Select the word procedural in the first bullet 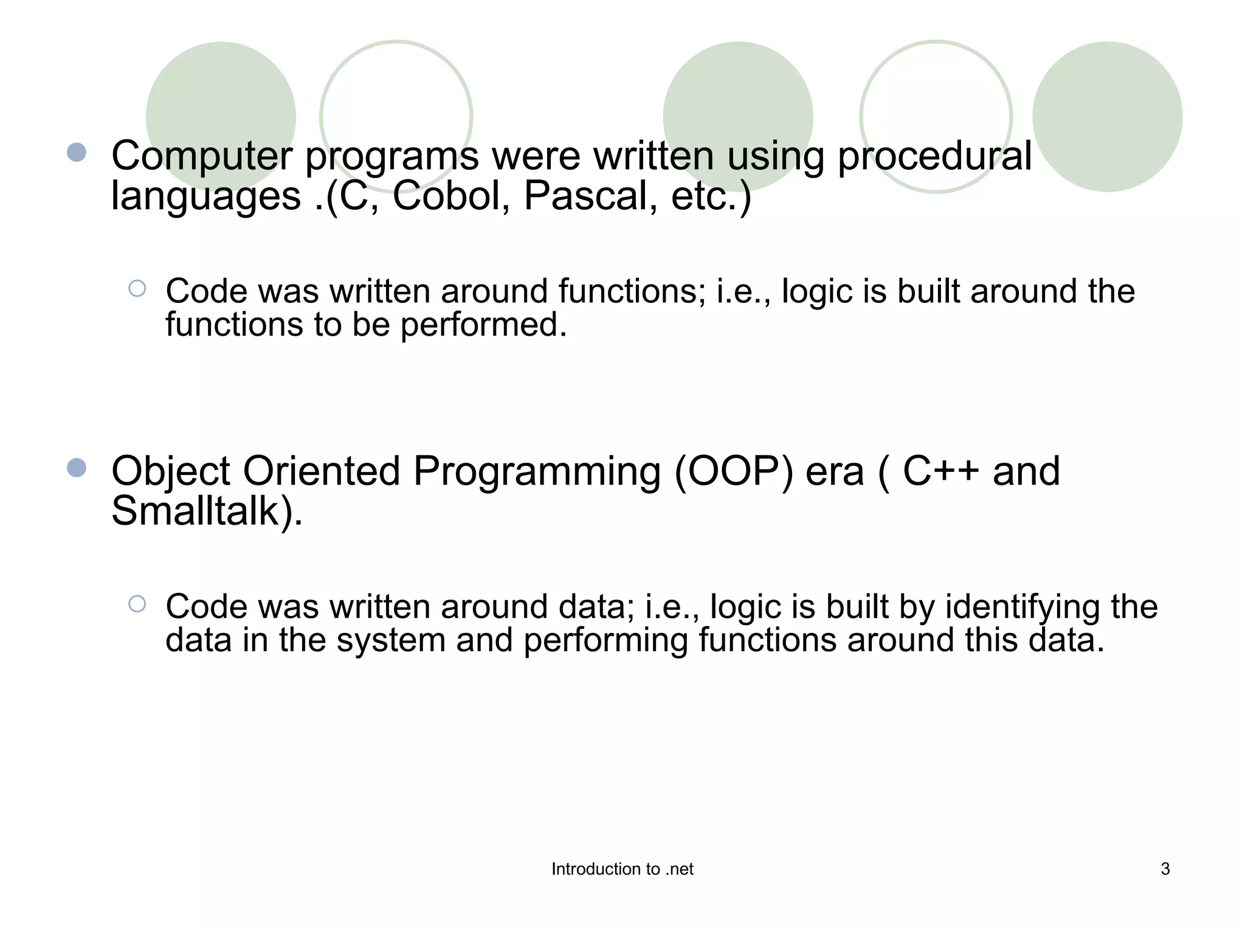[x=934, y=156]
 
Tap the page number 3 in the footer [x=1165, y=869]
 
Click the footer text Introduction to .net [x=622, y=869]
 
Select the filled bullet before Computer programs [x=77, y=152]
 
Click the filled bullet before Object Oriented [x=77, y=468]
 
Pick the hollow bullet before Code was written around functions [x=137, y=288]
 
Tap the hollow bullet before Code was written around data [x=137, y=604]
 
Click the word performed [x=483, y=325]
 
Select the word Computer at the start [x=202, y=156]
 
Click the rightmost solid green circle [x=1107, y=117]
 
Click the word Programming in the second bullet [x=537, y=472]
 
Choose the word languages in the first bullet [x=206, y=197]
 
